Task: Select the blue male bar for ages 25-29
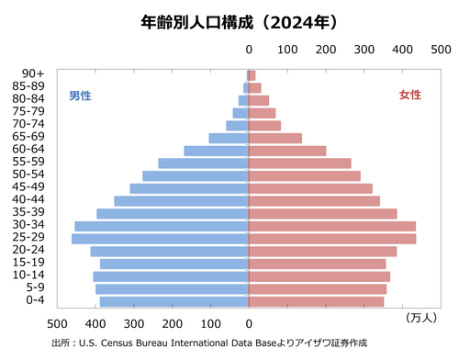(x=161, y=239)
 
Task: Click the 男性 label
(x=80, y=96)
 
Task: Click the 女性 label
(x=409, y=96)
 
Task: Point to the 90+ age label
(x=34, y=74)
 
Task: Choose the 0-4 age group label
(x=35, y=301)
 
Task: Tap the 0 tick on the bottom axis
(x=249, y=323)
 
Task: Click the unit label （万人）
(x=420, y=318)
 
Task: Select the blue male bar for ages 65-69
(x=229, y=138)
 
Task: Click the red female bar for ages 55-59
(x=300, y=163)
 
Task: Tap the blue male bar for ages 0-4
(x=174, y=301)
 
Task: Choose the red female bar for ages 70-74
(x=265, y=125)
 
